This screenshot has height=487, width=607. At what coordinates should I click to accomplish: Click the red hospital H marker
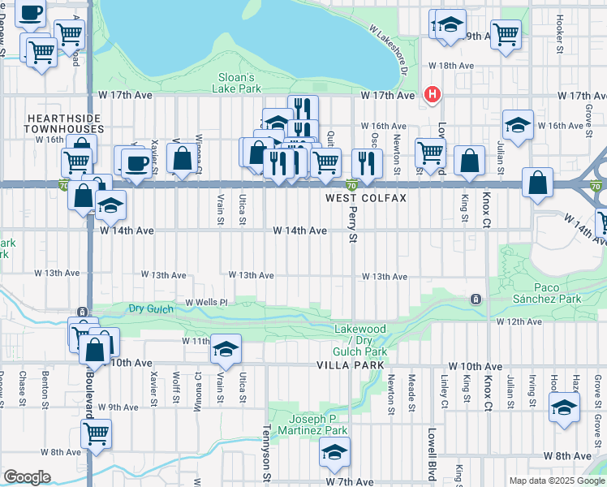click(433, 94)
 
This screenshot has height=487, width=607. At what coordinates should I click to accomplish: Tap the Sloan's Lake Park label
click(239, 83)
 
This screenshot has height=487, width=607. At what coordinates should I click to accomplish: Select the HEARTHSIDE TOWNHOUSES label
click(65, 123)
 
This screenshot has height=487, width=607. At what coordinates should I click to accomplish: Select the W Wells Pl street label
click(206, 303)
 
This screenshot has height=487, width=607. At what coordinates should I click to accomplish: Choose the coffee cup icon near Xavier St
click(136, 163)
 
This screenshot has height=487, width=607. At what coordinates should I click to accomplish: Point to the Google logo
click(27, 477)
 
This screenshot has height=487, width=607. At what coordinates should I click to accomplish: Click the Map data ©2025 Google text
click(557, 481)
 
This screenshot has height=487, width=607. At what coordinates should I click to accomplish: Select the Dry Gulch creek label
click(150, 308)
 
